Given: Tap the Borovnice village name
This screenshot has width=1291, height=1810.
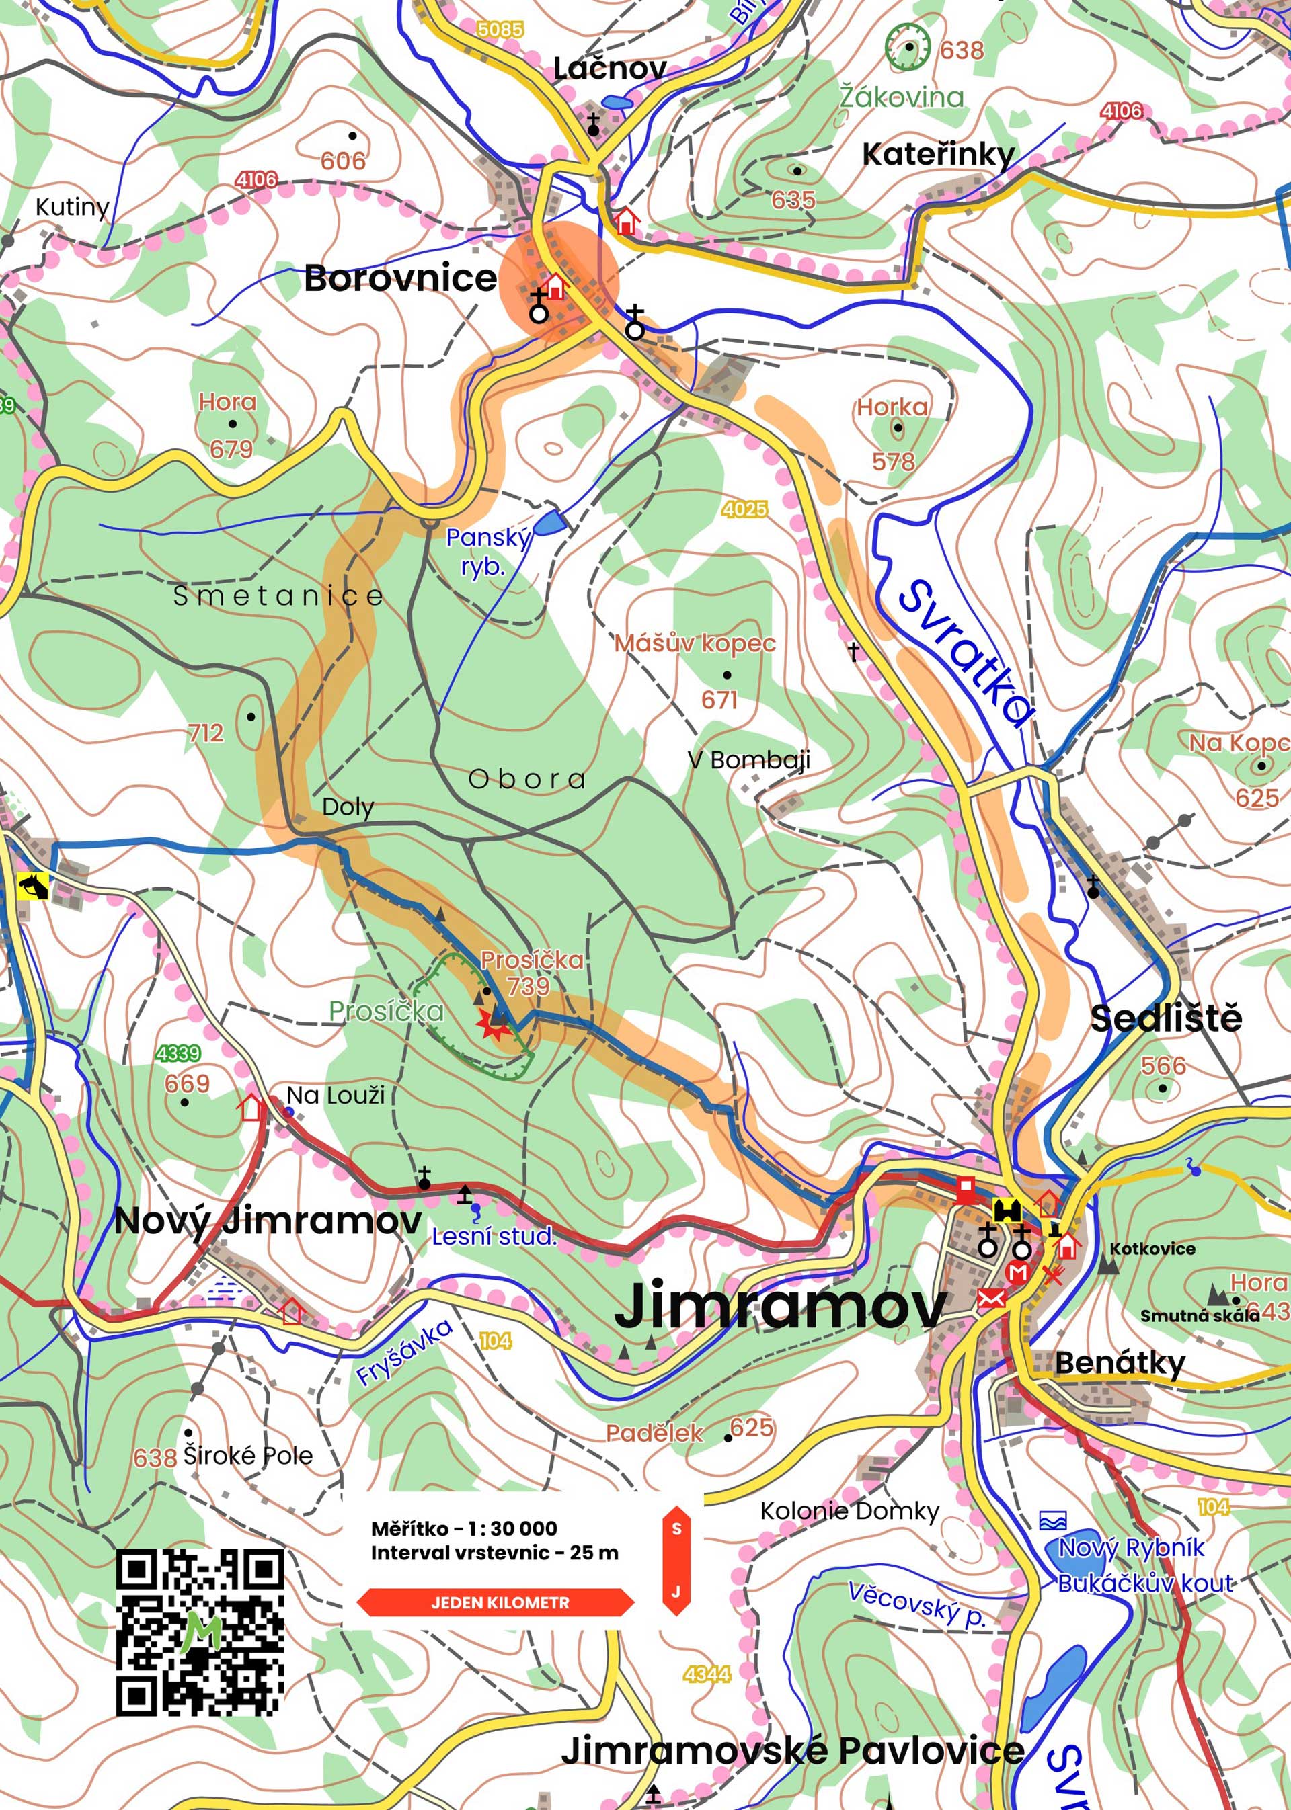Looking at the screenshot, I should [400, 279].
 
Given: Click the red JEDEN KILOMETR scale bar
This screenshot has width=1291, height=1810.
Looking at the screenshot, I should [496, 1602].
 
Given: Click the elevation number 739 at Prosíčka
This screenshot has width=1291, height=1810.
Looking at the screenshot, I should [528, 986].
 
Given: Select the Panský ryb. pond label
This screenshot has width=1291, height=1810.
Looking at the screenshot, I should [487, 551].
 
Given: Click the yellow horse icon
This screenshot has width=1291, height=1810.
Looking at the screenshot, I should [34, 886].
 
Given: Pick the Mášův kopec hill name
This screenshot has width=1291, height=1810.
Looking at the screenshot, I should [694, 643].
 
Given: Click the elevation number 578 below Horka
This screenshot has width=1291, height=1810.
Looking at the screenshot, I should [894, 462].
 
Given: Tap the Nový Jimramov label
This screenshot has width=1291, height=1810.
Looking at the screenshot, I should [267, 1221].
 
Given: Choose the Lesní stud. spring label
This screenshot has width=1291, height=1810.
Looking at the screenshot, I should [494, 1236].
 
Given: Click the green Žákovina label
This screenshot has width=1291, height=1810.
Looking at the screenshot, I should [902, 97].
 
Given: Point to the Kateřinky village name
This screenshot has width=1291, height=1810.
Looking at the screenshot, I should [938, 154].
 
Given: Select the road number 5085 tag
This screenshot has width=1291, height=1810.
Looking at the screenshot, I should [500, 30].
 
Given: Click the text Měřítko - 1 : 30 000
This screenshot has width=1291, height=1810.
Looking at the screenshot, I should [463, 1529].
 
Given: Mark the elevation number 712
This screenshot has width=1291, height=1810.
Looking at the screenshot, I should [205, 733].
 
